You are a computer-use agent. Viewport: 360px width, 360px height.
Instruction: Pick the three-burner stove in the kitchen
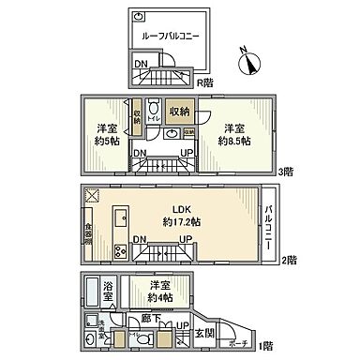pos(120,250)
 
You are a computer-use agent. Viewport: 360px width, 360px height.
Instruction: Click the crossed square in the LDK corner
pos(92,196)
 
